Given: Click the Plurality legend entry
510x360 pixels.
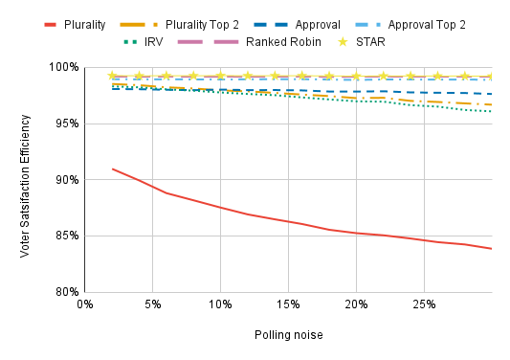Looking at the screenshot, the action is (84, 25).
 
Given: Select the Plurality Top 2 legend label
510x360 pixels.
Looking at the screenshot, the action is (202, 25).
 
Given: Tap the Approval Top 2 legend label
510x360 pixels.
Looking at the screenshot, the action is (427, 25).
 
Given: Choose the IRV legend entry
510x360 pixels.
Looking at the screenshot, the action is (153, 42).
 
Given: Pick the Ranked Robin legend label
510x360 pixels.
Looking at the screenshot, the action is (283, 42).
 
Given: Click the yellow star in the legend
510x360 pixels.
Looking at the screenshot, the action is (343, 42).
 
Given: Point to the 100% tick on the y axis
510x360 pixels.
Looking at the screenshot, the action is (64, 67).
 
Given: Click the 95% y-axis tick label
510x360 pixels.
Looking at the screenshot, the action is (67, 124).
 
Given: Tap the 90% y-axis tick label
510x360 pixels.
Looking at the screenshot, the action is (67, 180).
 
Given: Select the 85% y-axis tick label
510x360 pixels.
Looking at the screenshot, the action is (67, 236).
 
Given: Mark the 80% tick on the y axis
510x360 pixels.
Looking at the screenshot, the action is (67, 292).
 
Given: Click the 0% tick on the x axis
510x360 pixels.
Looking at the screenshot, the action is (85, 304).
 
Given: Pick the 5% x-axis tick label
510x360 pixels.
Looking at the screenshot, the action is (152, 304).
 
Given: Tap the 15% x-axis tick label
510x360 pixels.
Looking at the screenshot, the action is (288, 304).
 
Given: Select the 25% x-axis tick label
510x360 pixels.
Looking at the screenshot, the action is (424, 304).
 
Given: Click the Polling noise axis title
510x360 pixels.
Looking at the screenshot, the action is (289, 335).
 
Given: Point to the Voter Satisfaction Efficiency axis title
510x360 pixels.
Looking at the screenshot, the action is (25, 186).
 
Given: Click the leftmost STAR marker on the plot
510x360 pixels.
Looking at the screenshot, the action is (112, 76).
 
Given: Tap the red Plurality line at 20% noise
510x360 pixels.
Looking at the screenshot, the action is (356, 233).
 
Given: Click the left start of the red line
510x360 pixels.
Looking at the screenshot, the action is (112, 169).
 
